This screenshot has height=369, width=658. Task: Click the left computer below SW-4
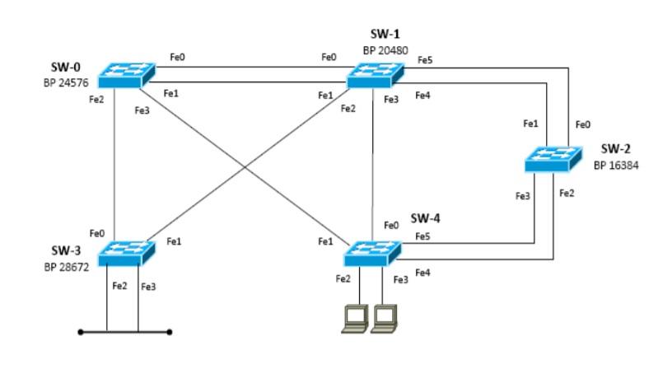point(354,318)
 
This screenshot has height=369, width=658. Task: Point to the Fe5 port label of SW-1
point(425,60)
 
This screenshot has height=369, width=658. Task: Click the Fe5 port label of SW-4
point(422,236)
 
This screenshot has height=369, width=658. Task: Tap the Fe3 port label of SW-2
point(522,195)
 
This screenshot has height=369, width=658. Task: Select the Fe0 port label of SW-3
point(97,234)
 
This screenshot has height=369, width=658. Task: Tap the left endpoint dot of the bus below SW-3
point(80,332)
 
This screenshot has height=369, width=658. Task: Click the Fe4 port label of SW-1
point(422,96)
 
